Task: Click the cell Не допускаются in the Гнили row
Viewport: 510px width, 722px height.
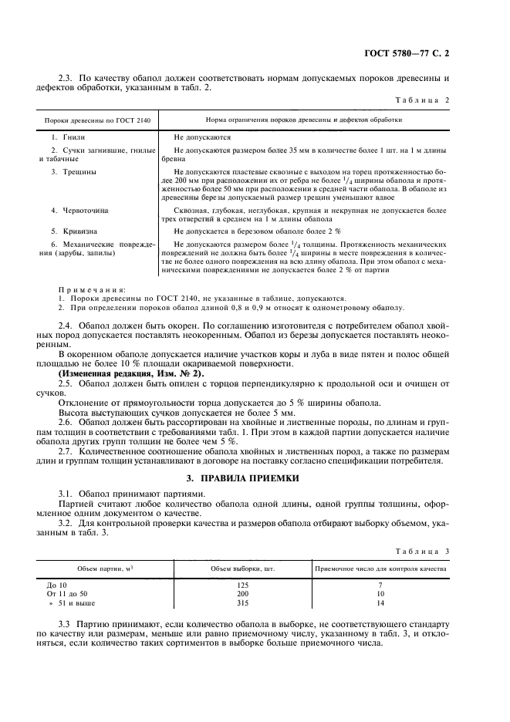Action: click(202, 135)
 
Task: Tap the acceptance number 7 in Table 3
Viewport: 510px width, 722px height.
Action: click(380, 585)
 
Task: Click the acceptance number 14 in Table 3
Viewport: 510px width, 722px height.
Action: click(380, 604)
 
